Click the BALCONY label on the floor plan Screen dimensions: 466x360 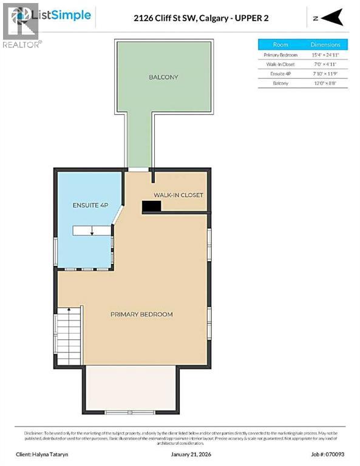163,77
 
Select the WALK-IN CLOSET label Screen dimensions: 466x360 178,195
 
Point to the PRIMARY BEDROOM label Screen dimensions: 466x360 141,314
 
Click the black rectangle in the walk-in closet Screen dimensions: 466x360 151,207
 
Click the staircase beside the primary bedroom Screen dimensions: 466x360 69,336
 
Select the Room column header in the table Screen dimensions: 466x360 280,44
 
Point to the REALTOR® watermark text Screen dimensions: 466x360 22,44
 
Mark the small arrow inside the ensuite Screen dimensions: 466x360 91,231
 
